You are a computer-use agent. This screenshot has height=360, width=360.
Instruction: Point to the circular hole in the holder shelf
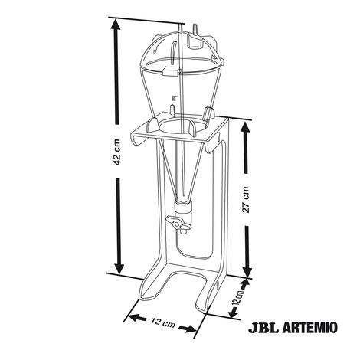tap(178, 125)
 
